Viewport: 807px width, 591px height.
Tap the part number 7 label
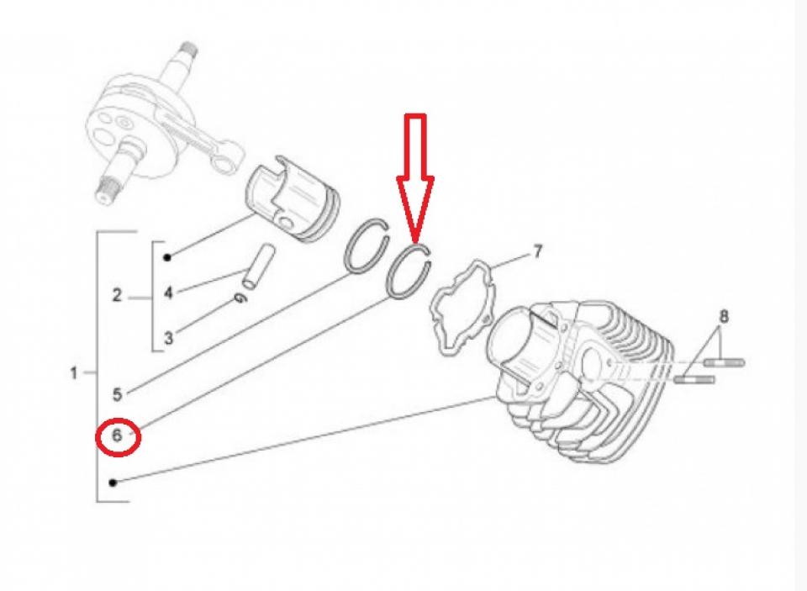click(537, 251)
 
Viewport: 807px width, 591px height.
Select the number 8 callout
click(724, 315)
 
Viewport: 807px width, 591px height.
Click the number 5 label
click(118, 395)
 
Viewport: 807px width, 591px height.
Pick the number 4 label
click(168, 293)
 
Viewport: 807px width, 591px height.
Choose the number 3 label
click(168, 338)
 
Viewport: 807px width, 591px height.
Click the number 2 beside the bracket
click(118, 295)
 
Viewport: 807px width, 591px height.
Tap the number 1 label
click(74, 372)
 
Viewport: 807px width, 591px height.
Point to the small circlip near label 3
click(240, 298)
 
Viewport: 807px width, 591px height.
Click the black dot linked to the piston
click(167, 257)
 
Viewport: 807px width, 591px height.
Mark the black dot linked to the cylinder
click(113, 483)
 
